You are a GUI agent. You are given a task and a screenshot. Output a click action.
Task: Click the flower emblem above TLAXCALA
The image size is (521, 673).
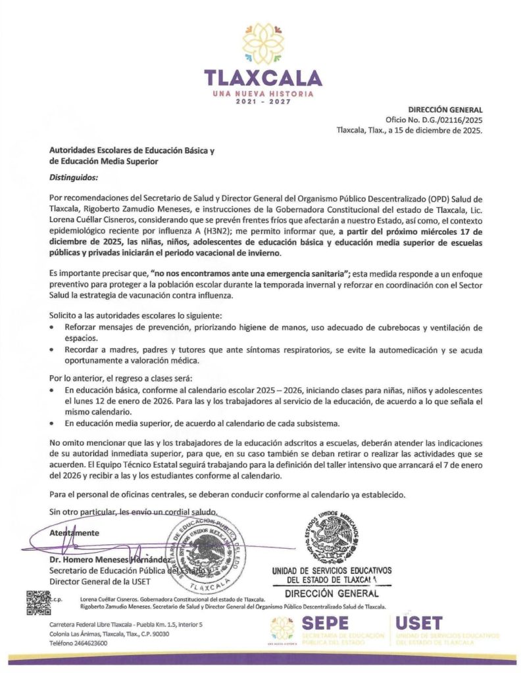coord(262,43)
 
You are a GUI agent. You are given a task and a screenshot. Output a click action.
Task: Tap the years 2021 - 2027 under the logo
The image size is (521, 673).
coord(263,104)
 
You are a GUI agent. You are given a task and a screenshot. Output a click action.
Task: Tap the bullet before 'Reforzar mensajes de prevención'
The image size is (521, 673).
coord(53,327)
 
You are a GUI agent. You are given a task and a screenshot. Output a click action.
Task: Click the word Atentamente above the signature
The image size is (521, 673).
coord(74,533)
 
